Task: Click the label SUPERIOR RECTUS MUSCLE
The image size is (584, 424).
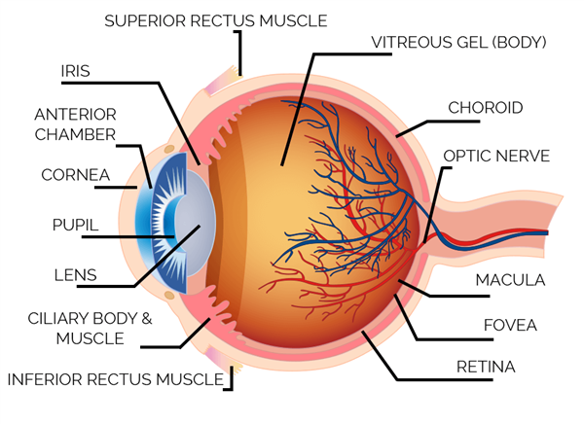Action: [215, 19]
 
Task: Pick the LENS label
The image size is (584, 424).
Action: [75, 275]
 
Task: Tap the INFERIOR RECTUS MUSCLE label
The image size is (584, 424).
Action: [115, 378]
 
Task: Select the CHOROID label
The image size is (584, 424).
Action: [486, 107]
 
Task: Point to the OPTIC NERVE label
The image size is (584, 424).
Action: [496, 155]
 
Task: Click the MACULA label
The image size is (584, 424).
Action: [509, 280]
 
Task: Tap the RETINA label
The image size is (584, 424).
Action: [487, 367]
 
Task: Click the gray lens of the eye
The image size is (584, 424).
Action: [195, 233]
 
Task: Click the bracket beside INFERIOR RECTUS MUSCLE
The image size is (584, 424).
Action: [231, 374]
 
